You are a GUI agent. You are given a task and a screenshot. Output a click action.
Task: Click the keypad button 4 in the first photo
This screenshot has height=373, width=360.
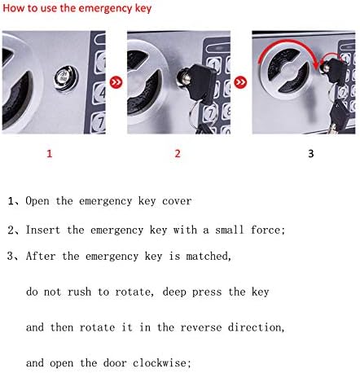click(100, 93)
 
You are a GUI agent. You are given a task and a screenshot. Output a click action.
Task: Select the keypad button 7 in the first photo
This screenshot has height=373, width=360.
click(99, 122)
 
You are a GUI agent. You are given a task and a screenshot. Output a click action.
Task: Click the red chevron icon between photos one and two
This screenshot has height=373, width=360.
click(116, 82)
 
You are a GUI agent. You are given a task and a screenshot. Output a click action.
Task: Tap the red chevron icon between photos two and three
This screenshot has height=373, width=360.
click(240, 82)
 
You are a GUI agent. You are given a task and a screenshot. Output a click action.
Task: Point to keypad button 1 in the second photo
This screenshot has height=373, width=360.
click(215, 65)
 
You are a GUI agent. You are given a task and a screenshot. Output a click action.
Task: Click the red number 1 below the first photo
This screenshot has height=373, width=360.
click(49, 154)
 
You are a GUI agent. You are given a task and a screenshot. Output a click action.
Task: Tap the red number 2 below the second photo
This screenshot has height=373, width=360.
click(178, 154)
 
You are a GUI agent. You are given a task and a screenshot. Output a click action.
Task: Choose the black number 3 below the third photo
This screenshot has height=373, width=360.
click(311, 154)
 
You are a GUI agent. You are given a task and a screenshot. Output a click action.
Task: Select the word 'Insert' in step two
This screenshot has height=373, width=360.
click(43, 230)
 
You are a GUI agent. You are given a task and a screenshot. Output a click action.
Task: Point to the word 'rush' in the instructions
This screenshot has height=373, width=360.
click(79, 292)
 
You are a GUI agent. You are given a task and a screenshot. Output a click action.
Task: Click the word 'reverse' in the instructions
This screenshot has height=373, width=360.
click(201, 327)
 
